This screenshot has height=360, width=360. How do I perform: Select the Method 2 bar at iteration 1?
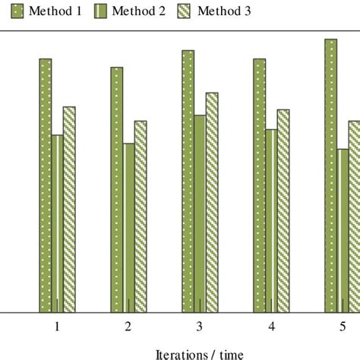pos(57,223)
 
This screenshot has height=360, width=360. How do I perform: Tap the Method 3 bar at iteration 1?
pos(69,209)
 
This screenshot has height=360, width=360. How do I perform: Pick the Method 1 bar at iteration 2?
pos(116,189)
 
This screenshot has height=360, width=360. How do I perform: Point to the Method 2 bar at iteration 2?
pos(128,227)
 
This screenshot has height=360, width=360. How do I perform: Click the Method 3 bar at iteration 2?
pos(141,216)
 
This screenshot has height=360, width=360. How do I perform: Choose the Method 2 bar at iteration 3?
pos(200,213)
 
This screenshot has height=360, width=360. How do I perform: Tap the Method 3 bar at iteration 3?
pos(212,202)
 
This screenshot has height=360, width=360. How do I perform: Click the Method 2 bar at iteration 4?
pos(271,220)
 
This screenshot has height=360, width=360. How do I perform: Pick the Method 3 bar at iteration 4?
pos(283,210)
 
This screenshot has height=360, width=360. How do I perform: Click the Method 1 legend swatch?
pos(18,11)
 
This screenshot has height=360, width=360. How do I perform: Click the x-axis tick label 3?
pos(199,327)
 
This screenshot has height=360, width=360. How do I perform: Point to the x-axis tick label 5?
pos(342,327)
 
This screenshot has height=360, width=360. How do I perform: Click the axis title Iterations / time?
pos(199,353)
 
